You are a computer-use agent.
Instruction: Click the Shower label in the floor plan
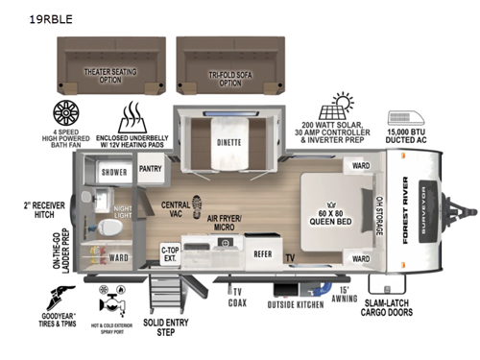click(x=114, y=174)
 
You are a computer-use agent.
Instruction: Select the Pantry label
click(x=150, y=168)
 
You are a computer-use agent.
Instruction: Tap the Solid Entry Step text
click(x=179, y=329)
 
